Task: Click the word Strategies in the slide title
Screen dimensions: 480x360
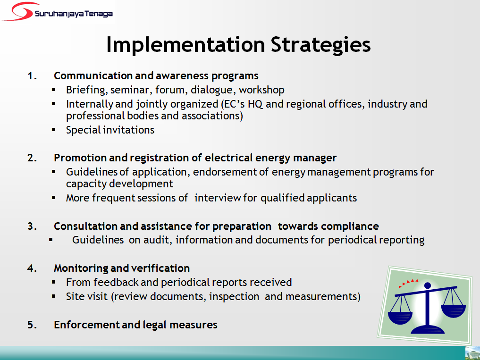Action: coord(320,45)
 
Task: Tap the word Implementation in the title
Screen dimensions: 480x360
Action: coord(185,45)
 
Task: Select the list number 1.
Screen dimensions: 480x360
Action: coord(32,75)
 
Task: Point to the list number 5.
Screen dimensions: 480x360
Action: coord(32,325)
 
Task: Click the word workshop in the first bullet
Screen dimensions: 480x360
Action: coord(261,90)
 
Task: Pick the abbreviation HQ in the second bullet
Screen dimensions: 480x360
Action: coord(255,104)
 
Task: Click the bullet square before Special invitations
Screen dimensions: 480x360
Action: coord(54,129)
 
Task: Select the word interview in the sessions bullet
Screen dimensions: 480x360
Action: coord(218,198)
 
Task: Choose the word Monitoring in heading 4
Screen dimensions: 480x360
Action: coord(81,268)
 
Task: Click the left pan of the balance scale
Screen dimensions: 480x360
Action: coord(400,318)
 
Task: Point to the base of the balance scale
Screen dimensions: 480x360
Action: coord(428,329)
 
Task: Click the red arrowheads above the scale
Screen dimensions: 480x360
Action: coord(408,283)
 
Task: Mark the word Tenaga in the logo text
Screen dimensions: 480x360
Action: coord(98,14)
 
